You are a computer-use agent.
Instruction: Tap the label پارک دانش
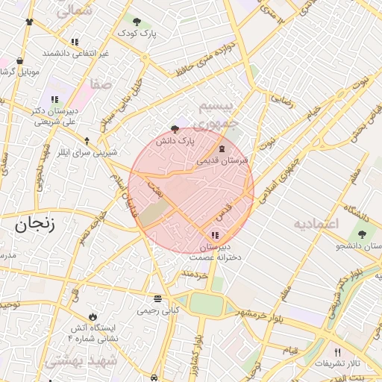pos(175,140)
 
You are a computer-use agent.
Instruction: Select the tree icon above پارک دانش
pos(175,128)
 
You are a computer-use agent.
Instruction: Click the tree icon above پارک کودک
pos(136,22)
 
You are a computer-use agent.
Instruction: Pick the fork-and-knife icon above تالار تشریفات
pos(336,351)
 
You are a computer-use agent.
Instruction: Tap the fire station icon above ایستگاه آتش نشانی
pos(93,316)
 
